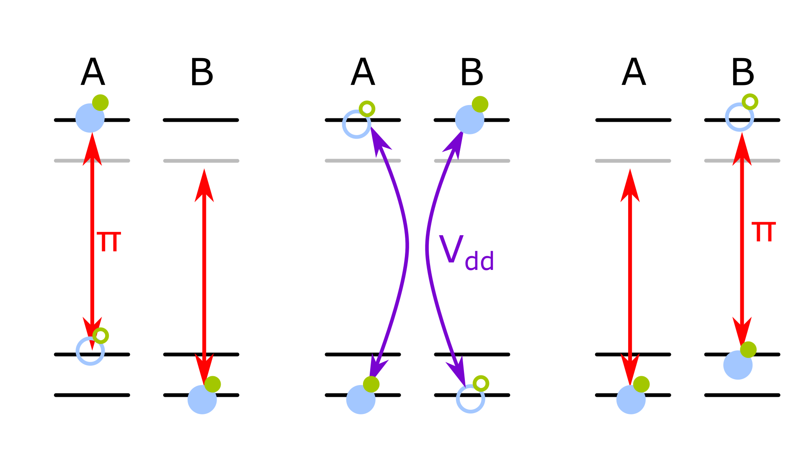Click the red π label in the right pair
(764, 232)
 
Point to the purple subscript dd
(479, 262)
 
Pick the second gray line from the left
(201, 161)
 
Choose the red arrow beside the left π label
(92, 251)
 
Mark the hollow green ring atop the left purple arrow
(367, 109)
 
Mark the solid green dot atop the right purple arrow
(480, 104)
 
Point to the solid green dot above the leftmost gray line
(100, 103)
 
